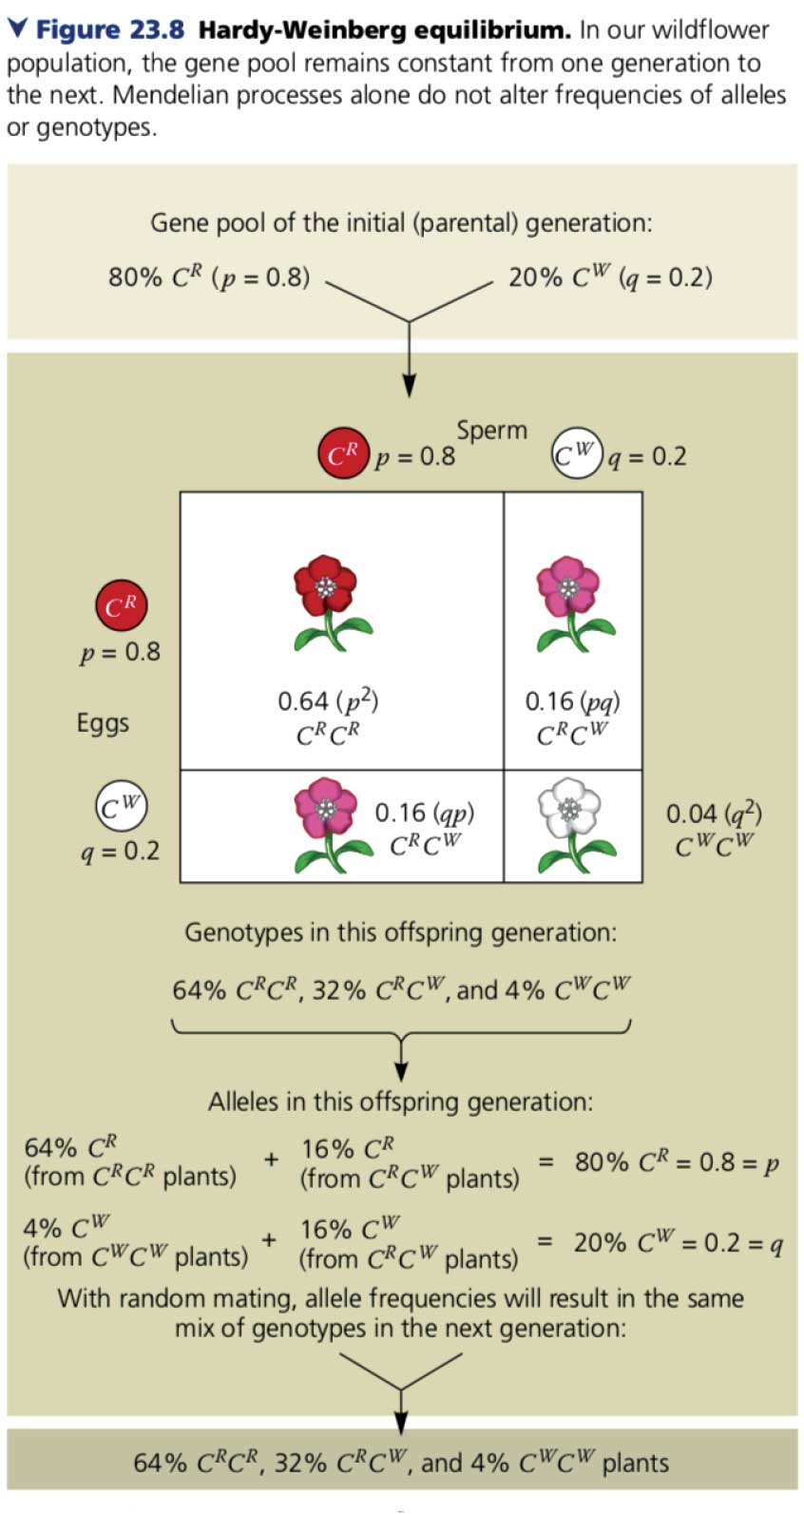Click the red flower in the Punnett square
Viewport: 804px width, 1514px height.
coord(326,599)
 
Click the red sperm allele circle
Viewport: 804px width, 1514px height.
coord(342,454)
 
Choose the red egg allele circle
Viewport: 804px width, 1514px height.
coord(121,604)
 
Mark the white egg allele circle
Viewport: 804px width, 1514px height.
coord(121,807)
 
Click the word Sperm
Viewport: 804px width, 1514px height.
coord(491,431)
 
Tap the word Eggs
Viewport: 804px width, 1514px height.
coord(103,723)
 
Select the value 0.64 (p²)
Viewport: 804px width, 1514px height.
coord(328,701)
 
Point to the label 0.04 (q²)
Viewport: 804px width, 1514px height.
coord(714,814)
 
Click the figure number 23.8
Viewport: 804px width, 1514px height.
coord(157,29)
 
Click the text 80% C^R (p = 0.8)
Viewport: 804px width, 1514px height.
coord(209,278)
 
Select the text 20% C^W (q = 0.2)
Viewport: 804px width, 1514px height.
coord(610,278)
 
